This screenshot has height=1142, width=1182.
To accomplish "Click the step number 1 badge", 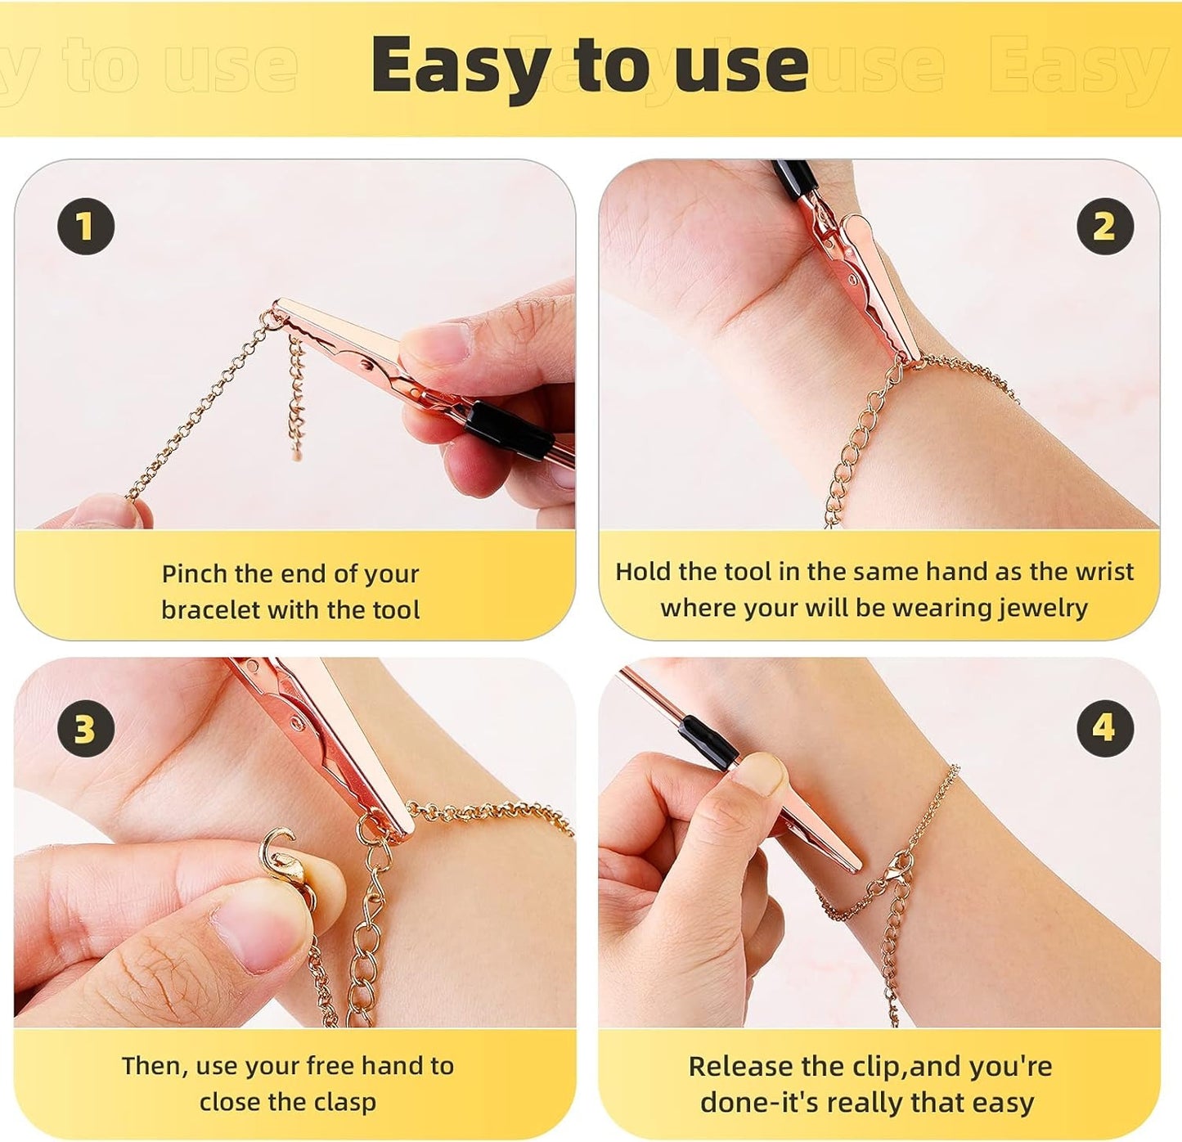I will pos(85,227).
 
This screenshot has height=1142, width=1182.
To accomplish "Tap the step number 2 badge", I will pos(1103,227).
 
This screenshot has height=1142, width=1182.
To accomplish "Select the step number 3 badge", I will pos(85,728).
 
